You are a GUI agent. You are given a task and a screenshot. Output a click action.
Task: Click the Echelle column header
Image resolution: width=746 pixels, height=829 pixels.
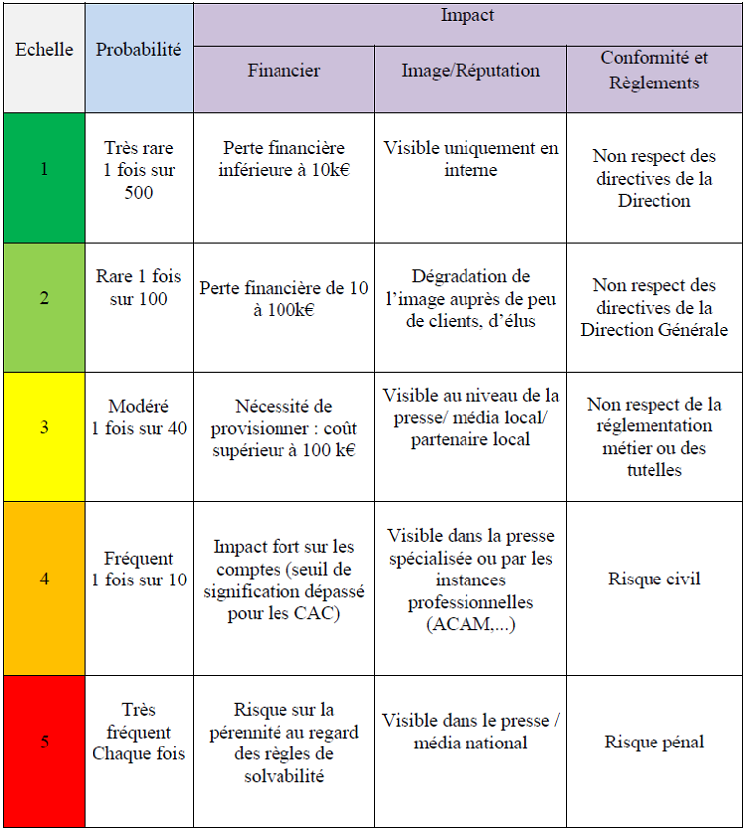pos(44,49)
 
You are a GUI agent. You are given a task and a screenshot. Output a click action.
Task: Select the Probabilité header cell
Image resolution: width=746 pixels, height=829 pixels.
pos(139,49)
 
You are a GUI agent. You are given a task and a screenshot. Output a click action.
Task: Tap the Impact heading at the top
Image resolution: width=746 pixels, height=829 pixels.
pos(466,16)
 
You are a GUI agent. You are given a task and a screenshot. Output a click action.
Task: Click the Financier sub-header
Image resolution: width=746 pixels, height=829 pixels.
pos(283,71)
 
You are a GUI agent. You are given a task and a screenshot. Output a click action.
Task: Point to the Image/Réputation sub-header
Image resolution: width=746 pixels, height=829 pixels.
pos(470,71)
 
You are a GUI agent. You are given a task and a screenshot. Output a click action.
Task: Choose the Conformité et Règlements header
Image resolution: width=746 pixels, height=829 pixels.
pos(654,71)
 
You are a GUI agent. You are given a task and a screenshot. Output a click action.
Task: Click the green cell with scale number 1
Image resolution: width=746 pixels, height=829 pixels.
pos(44,169)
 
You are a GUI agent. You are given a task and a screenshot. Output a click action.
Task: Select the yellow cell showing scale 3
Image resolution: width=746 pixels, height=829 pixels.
pos(44,428)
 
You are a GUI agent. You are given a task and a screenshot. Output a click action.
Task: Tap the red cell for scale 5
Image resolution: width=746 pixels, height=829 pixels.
pos(44,742)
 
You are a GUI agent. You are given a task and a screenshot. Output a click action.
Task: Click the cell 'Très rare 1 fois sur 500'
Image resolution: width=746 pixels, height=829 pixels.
pos(139,170)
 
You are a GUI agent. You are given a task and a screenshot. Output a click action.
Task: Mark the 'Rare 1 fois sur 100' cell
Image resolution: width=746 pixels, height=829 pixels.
pos(139,288)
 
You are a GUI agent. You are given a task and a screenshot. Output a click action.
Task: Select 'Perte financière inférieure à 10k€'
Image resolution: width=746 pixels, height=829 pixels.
pos(283,159)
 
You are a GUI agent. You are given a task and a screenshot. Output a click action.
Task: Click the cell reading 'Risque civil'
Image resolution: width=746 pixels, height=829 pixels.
pos(654,579)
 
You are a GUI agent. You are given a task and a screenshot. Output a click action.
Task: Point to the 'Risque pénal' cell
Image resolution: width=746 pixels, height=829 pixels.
pos(654,742)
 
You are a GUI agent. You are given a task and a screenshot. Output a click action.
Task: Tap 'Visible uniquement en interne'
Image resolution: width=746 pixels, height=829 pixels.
pos(470,159)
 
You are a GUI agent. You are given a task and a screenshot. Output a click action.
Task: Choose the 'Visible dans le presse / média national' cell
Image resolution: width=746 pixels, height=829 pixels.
pos(470,732)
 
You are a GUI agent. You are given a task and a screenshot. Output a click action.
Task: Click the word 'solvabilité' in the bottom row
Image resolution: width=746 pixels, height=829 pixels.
pos(283,776)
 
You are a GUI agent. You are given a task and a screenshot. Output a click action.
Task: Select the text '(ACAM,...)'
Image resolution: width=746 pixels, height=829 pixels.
pos(470,624)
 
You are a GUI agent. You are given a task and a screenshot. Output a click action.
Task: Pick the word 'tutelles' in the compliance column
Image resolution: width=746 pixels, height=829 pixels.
pos(654,470)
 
